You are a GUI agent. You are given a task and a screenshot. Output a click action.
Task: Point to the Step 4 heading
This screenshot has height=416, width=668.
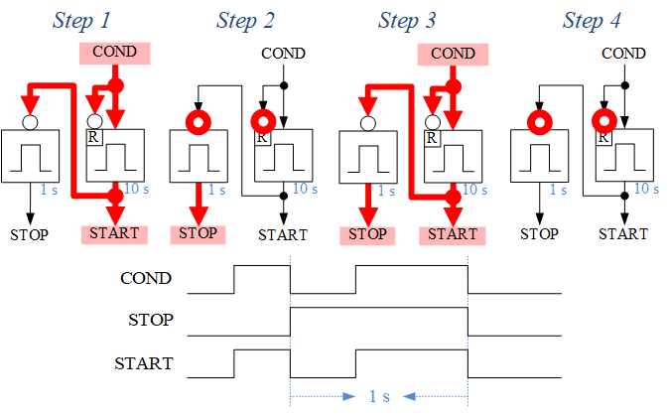(x=592, y=20)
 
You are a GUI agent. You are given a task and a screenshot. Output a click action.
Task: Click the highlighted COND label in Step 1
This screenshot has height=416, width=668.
(x=115, y=53)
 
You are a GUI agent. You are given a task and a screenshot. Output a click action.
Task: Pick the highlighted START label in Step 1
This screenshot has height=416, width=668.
(x=114, y=234)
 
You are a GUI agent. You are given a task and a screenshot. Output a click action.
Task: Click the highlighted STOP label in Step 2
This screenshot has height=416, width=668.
(x=198, y=234)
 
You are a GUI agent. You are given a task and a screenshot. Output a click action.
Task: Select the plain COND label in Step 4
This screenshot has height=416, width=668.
(x=623, y=54)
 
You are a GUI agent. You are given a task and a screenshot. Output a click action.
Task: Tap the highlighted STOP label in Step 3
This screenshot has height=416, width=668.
(x=368, y=234)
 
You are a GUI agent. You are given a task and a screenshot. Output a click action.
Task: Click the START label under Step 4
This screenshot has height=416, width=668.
(x=623, y=234)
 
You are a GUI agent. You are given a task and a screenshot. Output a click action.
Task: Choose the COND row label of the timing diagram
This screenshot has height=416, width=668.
(x=146, y=279)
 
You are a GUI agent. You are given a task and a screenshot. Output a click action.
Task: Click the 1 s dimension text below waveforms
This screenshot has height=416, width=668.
(x=379, y=396)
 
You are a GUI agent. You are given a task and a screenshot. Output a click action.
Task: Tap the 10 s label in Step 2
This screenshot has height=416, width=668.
(x=304, y=189)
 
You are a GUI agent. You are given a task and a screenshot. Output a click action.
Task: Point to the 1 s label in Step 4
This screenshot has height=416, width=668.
(x=558, y=189)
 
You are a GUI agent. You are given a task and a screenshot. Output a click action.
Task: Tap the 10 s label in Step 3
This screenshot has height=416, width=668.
(x=473, y=189)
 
